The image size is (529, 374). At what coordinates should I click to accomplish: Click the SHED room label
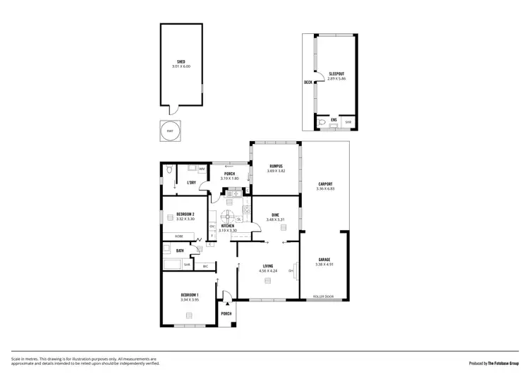point(181,61)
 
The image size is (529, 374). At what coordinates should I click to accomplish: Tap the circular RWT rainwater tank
point(170,131)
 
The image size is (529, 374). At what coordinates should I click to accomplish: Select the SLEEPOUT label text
point(336,73)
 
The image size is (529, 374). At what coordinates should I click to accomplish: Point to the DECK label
point(308,83)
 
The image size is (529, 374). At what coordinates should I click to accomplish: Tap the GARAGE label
point(324,260)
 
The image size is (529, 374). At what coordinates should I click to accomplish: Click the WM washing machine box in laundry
point(202,169)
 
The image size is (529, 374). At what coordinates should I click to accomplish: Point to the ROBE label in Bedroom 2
point(179,236)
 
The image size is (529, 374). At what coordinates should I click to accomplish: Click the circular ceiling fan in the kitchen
point(229,217)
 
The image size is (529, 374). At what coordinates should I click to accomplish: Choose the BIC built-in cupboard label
point(205,266)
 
